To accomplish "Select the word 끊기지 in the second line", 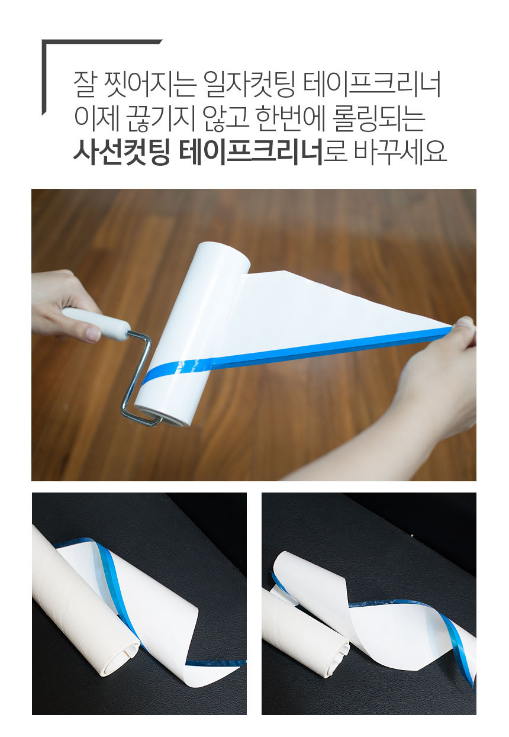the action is click(x=161, y=120).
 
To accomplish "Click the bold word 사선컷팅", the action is click(x=121, y=153).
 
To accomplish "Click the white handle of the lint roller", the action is click(x=96, y=323).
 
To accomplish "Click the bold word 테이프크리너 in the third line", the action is click(x=251, y=153).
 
